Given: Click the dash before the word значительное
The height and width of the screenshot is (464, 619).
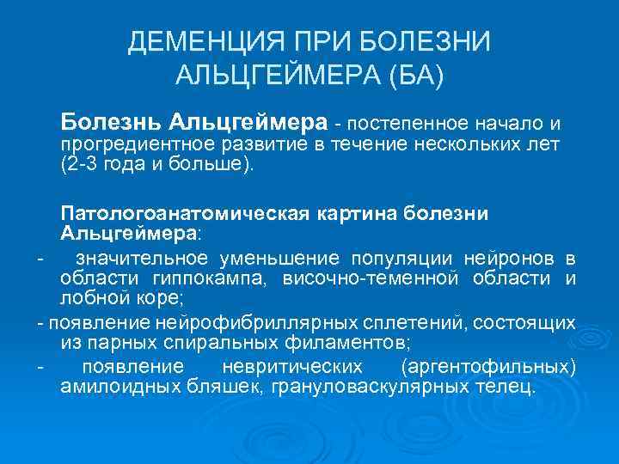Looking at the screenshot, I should click(x=38, y=259).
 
